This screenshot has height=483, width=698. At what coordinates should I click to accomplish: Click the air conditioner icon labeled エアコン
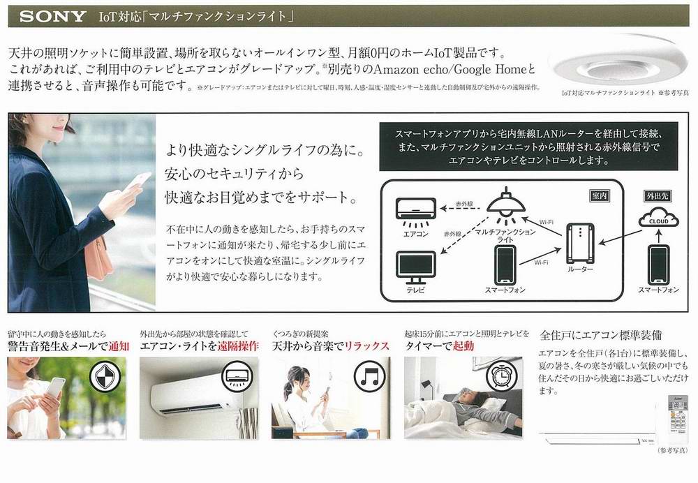416,209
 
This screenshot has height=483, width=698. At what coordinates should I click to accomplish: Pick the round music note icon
370,378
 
